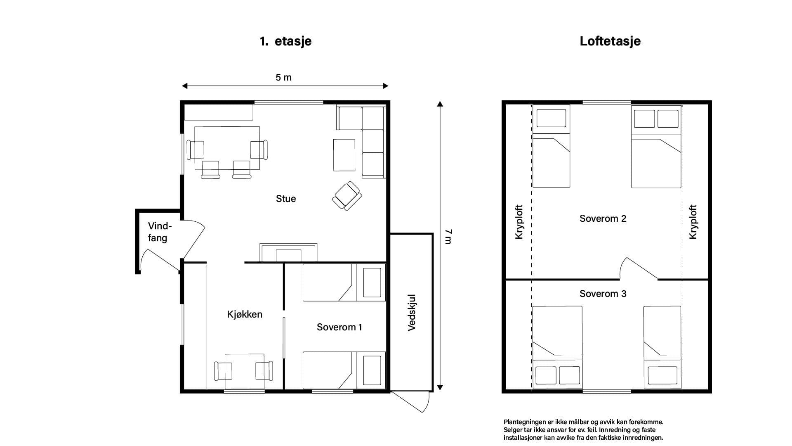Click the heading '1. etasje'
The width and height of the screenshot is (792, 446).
pos(285,41)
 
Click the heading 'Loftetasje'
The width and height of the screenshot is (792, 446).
pos(610,41)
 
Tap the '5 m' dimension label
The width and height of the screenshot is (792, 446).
pos(284,77)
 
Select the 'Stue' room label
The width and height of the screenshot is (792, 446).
pos(286,199)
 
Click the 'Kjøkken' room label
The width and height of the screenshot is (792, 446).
pos(245,314)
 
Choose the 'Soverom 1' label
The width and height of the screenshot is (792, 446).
pos(339,327)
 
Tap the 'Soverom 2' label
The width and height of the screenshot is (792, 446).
pos(603,218)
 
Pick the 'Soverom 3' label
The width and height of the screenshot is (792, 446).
pos(603,294)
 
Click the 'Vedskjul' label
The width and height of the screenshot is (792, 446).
pos(412,313)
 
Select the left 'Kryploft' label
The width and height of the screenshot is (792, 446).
pos(519,222)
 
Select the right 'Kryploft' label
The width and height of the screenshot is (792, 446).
pos(693,222)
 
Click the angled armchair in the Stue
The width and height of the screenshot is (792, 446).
pos(347,196)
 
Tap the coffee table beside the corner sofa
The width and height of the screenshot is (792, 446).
pos(344,155)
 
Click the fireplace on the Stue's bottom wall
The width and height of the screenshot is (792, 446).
pos(288,252)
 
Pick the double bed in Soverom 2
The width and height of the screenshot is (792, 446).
pos(656,147)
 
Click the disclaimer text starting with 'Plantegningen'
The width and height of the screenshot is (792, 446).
pos(584,430)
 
